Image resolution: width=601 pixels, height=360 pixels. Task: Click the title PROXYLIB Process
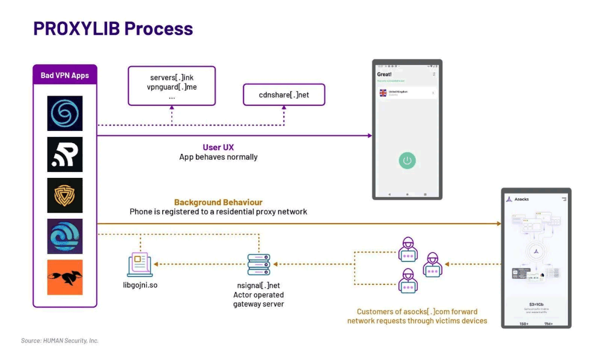pos(113,28)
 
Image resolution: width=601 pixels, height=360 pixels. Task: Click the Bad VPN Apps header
pos(64,75)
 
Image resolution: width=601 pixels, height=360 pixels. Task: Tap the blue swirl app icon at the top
pos(65,114)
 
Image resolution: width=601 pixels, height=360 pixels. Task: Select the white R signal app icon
pos(65,154)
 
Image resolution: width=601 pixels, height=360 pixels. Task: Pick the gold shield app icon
pos(65,195)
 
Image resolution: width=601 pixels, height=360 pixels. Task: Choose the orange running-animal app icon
pos(65,277)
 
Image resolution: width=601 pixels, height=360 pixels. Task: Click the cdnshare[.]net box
pos(284,95)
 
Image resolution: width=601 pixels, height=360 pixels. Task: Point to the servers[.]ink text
pos(171,78)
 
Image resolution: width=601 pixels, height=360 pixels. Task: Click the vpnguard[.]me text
pos(171,87)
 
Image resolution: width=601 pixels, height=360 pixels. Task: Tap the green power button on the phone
pos(407,160)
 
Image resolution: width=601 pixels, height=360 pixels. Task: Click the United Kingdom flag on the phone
pos(383,93)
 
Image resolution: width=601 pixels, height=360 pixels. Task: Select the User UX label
pos(218,147)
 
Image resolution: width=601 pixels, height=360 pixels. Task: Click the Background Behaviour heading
pos(218,203)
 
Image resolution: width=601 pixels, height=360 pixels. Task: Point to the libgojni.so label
pos(140,284)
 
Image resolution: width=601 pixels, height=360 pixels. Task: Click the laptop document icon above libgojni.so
pos(139,264)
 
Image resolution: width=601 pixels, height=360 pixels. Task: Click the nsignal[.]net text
pos(258,285)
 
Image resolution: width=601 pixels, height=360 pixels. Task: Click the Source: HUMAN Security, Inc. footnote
pos(59,341)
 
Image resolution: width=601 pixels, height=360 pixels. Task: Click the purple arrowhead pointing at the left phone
pos(370,136)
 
